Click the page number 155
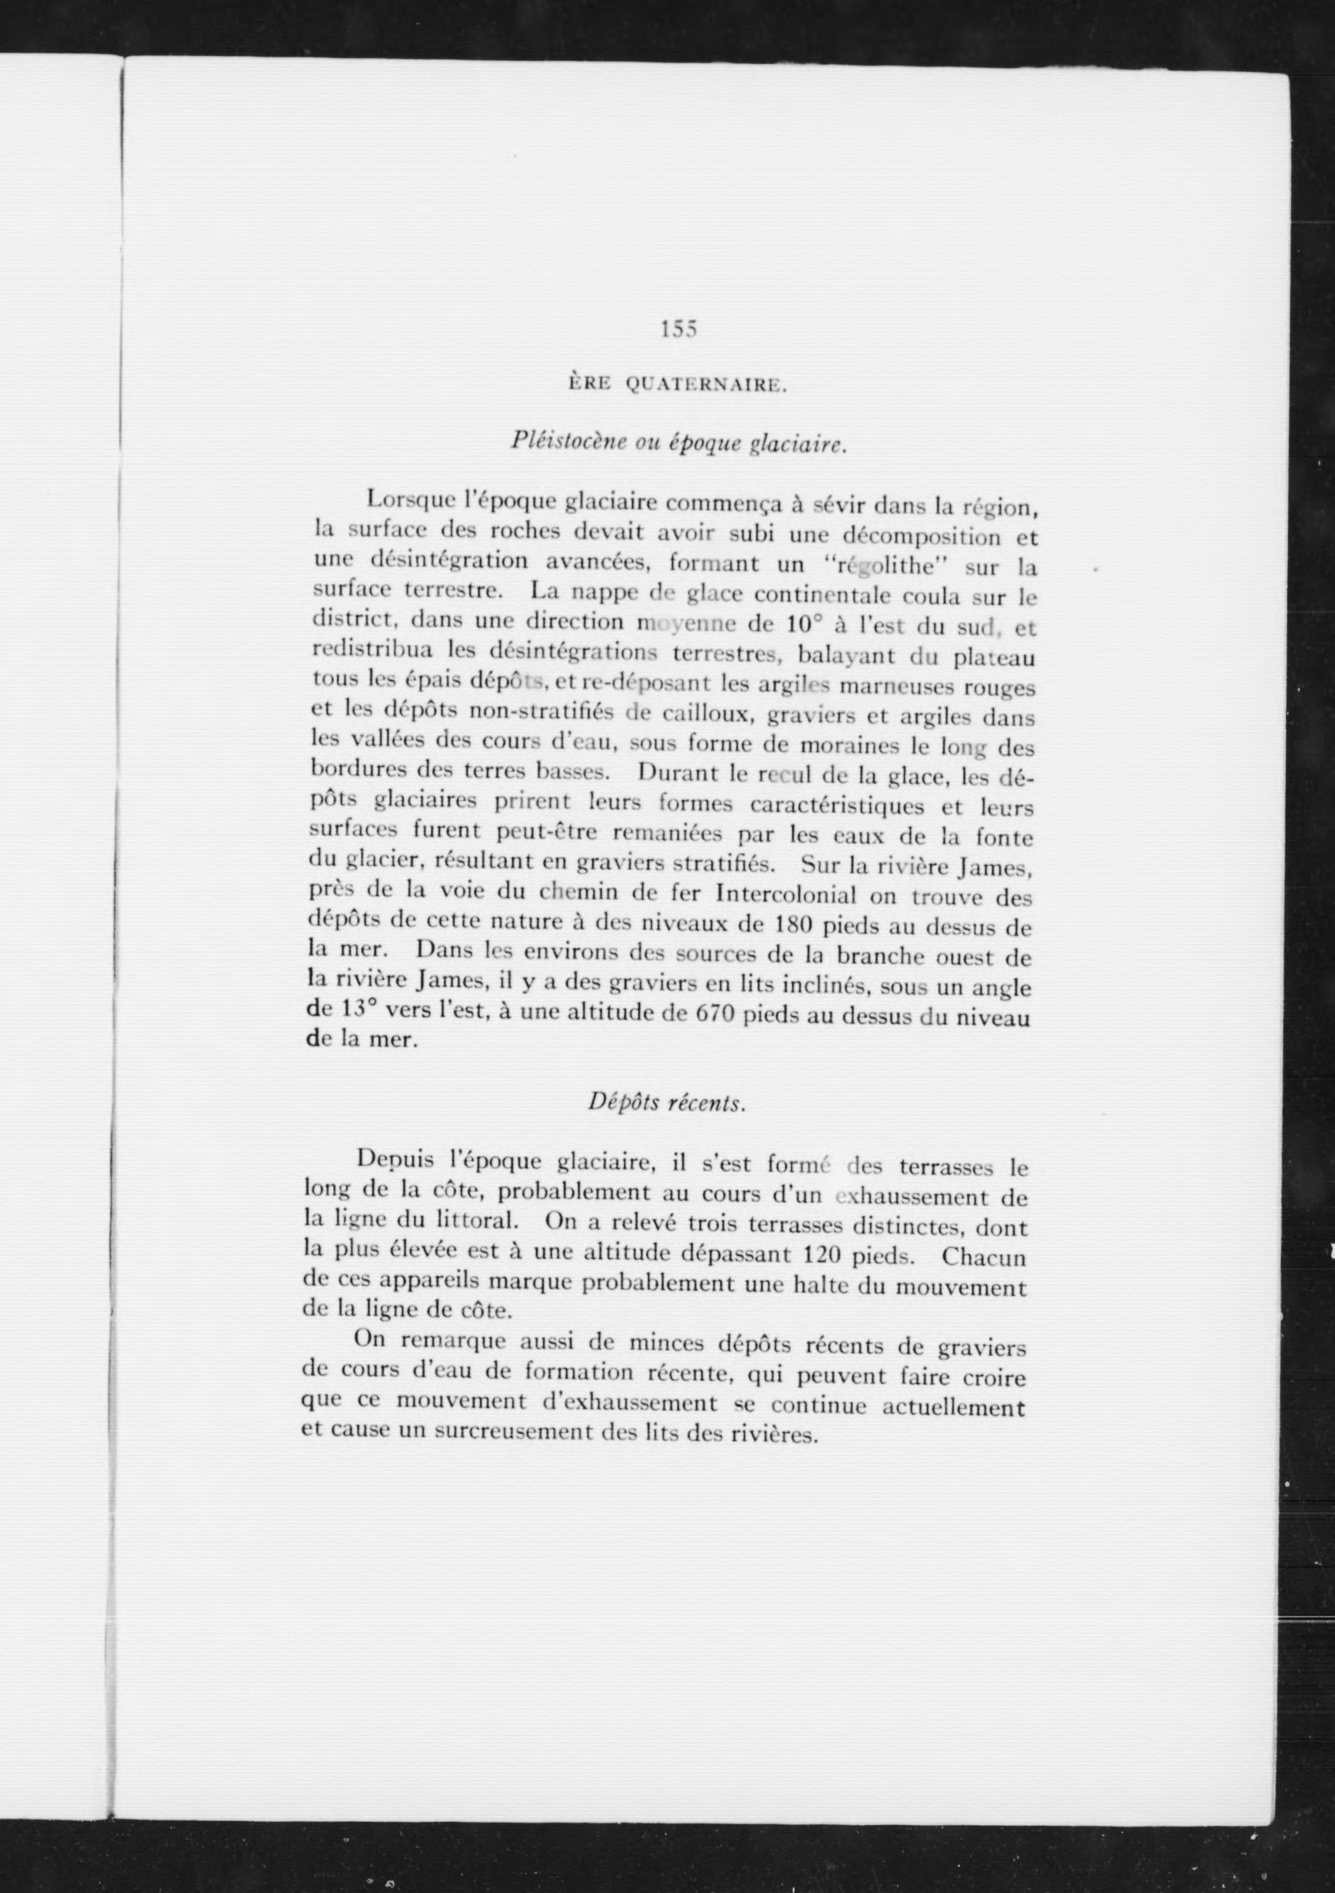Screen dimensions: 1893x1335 point(679,330)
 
